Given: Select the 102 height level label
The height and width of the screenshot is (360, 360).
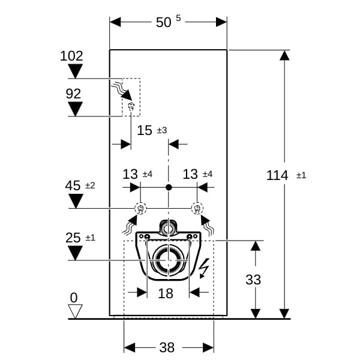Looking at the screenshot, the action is (x=71, y=56).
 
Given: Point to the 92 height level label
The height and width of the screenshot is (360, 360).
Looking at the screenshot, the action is (x=73, y=94).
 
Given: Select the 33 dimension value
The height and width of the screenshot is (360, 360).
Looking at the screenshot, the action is (x=253, y=280).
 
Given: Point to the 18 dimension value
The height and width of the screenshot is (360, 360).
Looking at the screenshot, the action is (x=166, y=293).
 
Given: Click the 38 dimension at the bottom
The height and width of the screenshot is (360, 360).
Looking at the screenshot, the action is (x=167, y=347).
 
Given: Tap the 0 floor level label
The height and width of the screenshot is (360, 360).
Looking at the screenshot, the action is (x=74, y=298).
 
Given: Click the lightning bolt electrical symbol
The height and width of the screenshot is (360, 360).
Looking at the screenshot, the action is (x=204, y=268).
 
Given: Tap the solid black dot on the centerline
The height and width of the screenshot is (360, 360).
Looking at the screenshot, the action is (x=169, y=187).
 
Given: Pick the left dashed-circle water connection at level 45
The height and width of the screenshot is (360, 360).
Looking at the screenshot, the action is (x=140, y=208).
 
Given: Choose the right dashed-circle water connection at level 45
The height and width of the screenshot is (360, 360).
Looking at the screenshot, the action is (x=197, y=208).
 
